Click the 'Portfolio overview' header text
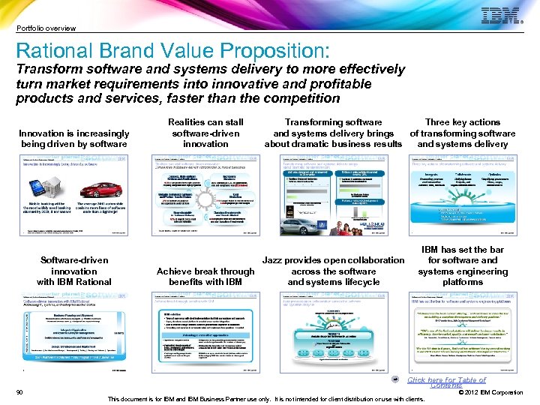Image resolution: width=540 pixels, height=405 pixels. click(x=46, y=28)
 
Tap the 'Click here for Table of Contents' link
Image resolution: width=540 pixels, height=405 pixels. click(x=446, y=382)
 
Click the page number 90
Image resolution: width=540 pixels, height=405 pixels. click(x=19, y=392)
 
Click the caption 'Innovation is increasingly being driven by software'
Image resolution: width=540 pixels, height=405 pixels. click(x=74, y=138)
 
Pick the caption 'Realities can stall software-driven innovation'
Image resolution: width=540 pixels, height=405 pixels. click(x=205, y=132)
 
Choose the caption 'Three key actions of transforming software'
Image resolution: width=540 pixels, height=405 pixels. click(x=463, y=127)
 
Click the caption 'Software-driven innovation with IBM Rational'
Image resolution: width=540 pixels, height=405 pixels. click(x=74, y=271)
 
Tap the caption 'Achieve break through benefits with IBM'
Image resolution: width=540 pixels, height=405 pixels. click(x=205, y=276)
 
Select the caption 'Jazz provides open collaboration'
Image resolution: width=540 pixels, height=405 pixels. click(x=334, y=260)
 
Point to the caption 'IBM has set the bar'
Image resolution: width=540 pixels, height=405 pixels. click(x=463, y=250)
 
